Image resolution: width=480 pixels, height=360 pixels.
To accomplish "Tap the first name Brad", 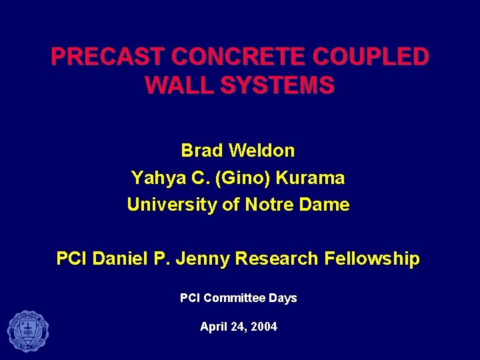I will click(x=202, y=151).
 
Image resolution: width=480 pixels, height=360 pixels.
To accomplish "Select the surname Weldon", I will click(x=261, y=151).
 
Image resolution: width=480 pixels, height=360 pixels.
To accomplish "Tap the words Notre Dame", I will click(x=297, y=205).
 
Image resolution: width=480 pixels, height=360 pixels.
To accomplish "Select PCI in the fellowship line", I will click(x=71, y=259).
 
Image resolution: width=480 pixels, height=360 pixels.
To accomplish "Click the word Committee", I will click(x=234, y=298).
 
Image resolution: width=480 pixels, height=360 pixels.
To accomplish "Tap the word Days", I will click(x=283, y=298).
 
